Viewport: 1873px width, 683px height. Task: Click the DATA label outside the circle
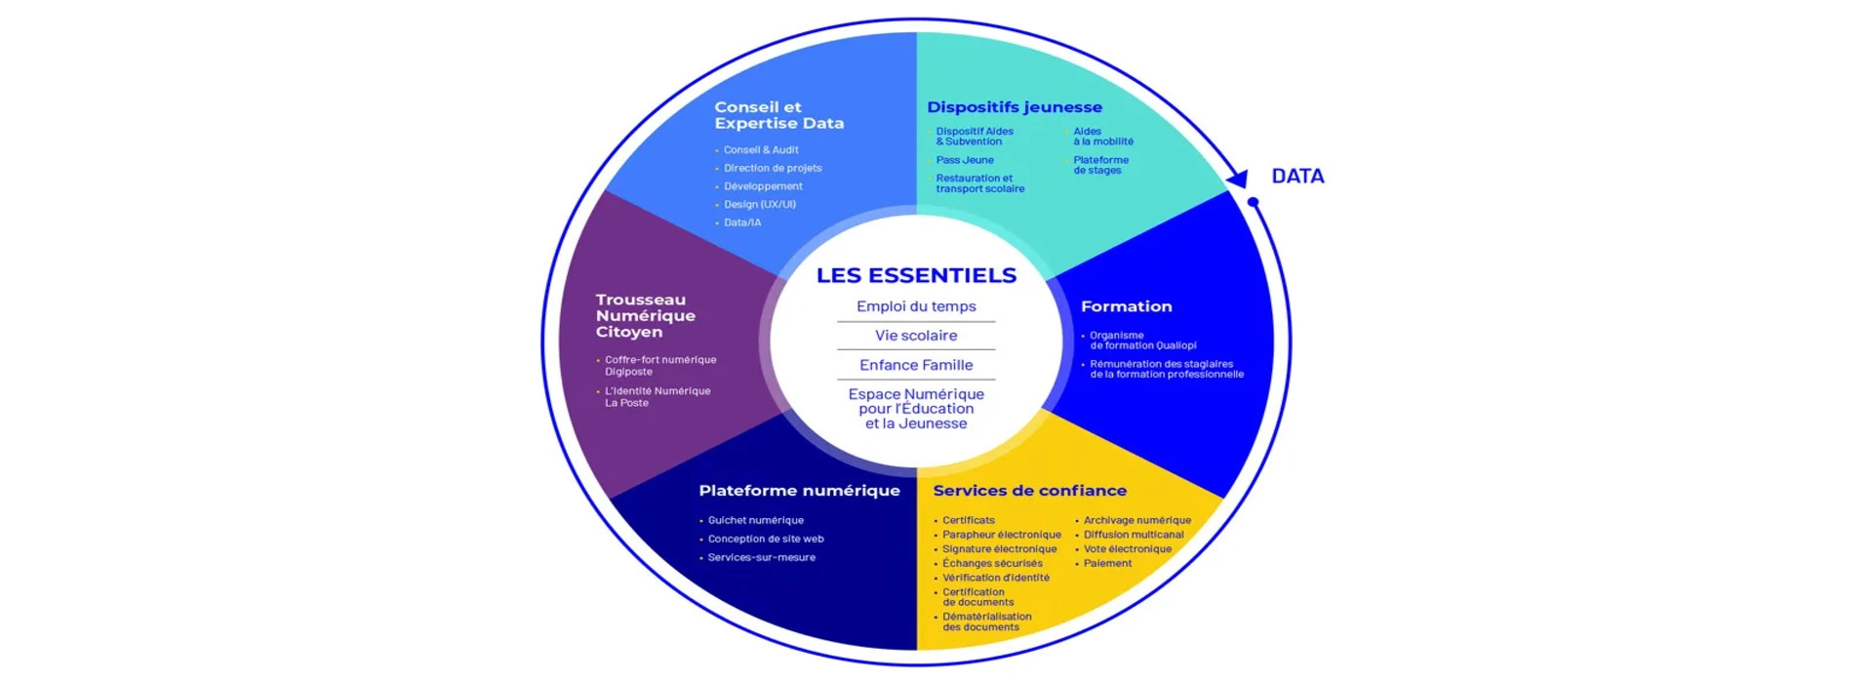1297,177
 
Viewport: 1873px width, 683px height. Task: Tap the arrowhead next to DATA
1238,179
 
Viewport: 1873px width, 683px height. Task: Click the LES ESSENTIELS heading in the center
916,276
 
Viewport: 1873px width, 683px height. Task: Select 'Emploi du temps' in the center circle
916,306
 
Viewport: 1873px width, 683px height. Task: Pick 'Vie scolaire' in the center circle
916,336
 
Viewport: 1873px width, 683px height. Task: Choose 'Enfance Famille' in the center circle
916,365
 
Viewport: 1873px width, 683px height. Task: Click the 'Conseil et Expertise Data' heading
778,115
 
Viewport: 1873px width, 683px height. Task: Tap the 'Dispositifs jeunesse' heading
1015,107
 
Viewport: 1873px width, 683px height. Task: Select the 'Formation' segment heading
1126,306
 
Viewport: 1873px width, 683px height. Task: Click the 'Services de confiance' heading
1029,491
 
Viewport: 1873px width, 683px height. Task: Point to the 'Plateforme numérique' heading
799,491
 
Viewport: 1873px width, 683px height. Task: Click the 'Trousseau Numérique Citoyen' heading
646,316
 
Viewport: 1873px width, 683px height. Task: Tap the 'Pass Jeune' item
965,160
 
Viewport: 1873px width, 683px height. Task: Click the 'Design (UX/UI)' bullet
759,205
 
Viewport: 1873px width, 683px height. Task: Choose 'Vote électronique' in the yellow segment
1127,549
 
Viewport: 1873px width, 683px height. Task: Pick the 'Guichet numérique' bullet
755,521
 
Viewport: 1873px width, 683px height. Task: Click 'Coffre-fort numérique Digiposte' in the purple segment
659,366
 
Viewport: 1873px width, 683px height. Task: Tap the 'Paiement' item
1107,564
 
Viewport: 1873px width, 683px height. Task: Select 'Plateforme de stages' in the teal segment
1100,165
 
